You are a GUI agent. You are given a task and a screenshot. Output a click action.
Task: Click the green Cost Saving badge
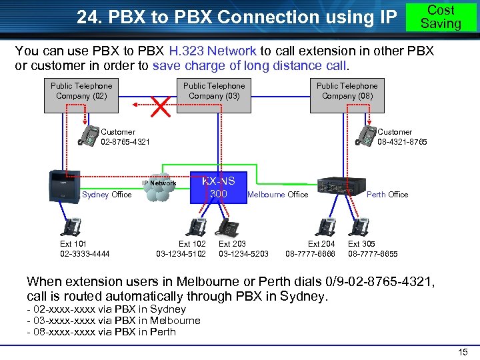[x=441, y=17]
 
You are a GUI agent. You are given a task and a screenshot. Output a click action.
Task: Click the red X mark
[x=161, y=105]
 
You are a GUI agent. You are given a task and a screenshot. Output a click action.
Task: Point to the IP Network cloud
[x=159, y=188]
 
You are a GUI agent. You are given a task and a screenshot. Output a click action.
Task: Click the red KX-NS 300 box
[x=219, y=187]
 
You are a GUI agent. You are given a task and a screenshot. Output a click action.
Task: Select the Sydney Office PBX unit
[x=65, y=185]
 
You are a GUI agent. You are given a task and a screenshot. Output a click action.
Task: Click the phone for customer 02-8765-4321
[x=88, y=135]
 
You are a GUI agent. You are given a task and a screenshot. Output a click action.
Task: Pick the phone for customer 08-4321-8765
[x=366, y=135]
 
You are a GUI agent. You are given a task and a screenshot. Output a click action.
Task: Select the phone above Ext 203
[x=229, y=227]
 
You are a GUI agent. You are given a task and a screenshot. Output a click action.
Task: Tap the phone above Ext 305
[x=360, y=227]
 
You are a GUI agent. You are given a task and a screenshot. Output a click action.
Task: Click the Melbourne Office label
[x=277, y=195]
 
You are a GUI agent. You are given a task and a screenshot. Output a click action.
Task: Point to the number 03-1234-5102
[x=181, y=254]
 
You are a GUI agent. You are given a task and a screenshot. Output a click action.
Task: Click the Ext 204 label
[x=321, y=244]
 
